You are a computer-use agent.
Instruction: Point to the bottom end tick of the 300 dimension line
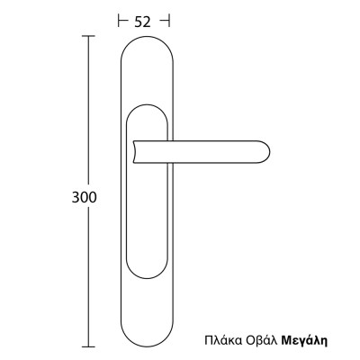point(88,346)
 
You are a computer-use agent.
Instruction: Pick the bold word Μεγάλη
point(301,342)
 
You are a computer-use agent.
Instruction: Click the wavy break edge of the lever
point(134,150)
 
